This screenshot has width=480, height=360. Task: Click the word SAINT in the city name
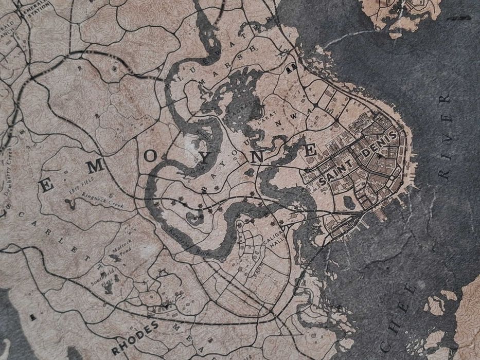tap(334, 173)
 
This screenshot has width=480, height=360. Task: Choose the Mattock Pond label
tap(125, 249)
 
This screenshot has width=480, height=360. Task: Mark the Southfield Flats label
tap(107, 275)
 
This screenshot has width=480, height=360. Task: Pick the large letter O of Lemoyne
tap(151, 157)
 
